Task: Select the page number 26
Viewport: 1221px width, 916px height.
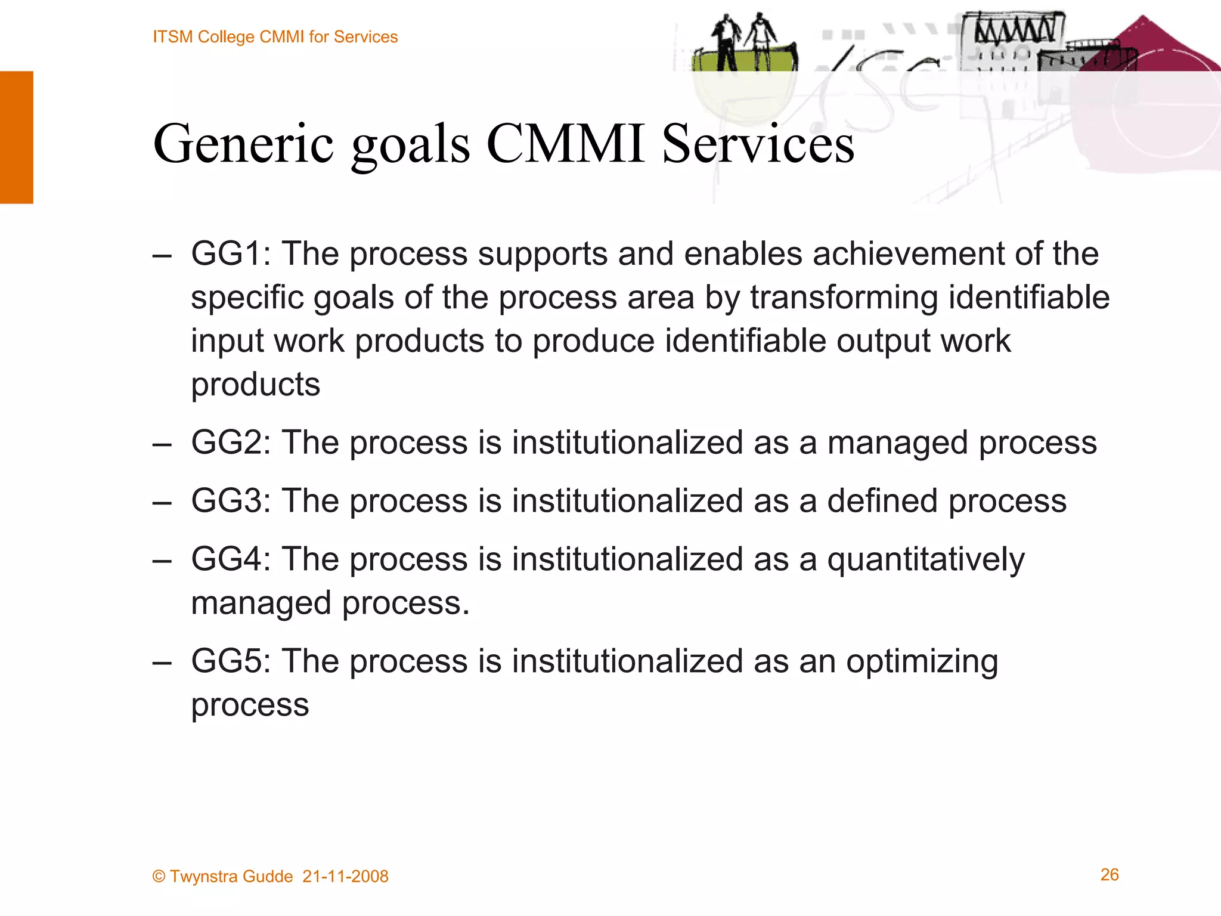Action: point(1110,875)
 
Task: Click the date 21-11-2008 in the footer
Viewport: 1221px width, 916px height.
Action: point(345,877)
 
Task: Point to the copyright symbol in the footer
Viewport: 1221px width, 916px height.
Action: point(159,877)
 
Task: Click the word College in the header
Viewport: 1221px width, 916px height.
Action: point(226,37)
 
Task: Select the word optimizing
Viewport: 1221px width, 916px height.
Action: point(922,663)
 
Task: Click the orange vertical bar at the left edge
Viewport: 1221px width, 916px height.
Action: point(17,137)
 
